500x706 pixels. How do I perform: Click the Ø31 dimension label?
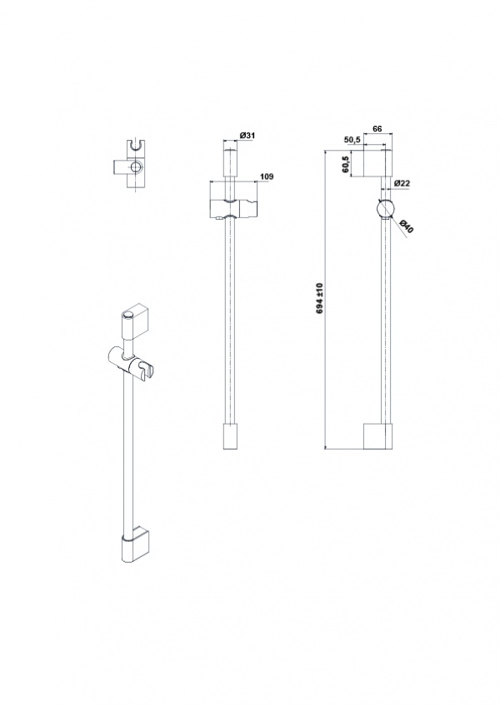247,135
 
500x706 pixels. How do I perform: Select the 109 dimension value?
267,176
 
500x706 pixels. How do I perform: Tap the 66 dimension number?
377,129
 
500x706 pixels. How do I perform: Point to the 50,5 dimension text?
352,140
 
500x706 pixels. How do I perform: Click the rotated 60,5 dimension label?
346,165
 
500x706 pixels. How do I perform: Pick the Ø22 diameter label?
402,183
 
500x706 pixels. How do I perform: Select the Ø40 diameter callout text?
406,226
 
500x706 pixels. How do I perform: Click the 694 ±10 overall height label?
321,299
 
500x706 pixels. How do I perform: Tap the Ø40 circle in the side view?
386,208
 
